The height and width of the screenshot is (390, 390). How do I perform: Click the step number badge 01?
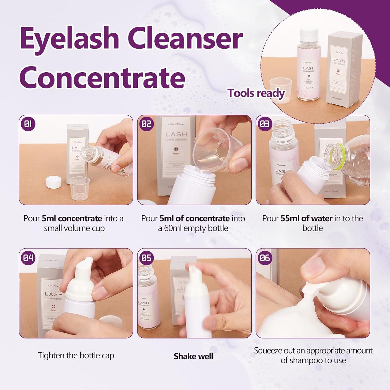[x=28, y=124]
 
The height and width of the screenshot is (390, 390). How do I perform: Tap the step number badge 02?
[x=147, y=124]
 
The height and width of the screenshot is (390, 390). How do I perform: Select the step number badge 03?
[x=265, y=124]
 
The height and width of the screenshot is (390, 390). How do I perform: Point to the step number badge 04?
[x=28, y=258]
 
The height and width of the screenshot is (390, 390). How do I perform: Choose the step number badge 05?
[x=147, y=258]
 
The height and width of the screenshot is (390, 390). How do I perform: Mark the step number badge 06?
[x=265, y=258]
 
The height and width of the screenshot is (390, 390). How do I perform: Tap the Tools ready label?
[x=256, y=93]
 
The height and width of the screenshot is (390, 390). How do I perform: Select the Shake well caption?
[x=193, y=356]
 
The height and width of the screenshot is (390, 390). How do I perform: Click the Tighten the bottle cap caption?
[x=76, y=355]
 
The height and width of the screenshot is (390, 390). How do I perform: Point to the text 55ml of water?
[x=306, y=218]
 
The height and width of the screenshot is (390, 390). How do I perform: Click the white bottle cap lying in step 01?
[x=53, y=182]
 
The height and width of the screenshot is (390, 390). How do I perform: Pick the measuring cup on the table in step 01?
[x=79, y=188]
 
